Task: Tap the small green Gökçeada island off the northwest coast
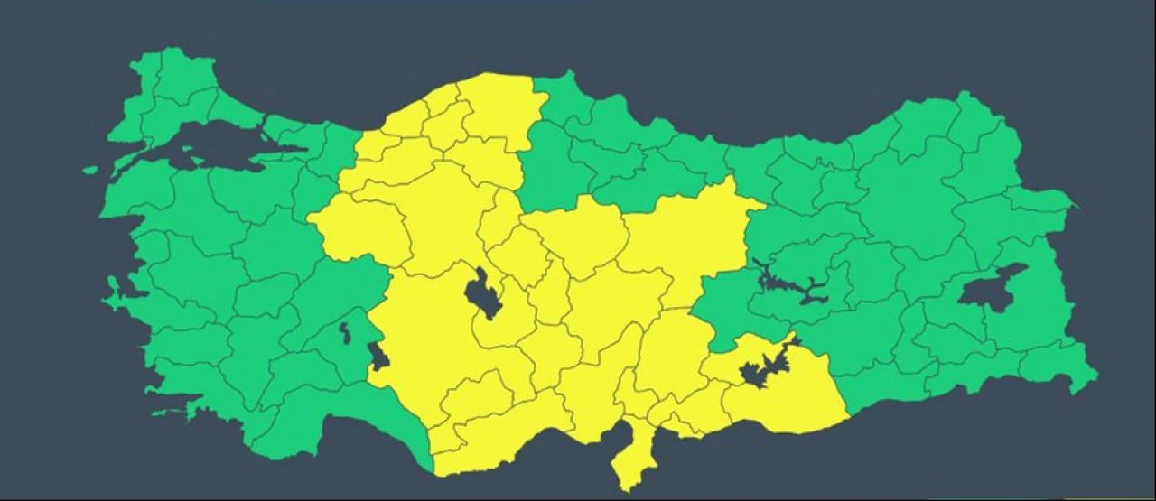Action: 90,169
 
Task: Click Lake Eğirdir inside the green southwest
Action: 345,331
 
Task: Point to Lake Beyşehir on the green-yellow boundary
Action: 378,357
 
